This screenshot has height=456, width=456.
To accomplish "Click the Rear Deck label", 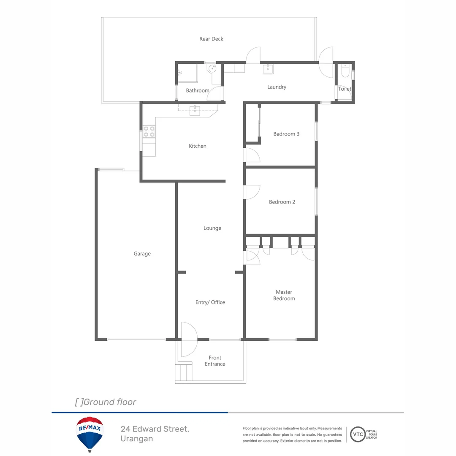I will click(211, 39).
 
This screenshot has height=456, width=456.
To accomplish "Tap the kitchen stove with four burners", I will click(149, 132).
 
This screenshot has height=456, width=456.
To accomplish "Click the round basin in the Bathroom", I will click(211, 69).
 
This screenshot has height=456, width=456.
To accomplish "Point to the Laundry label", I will click(277, 87).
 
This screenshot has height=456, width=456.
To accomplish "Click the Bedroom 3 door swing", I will click(252, 155).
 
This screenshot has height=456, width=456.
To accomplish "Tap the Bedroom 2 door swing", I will click(252, 192).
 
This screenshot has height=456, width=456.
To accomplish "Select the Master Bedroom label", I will click(284, 295).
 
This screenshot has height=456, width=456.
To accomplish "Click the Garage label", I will click(142, 254).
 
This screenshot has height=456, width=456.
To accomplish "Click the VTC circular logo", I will click(358, 434).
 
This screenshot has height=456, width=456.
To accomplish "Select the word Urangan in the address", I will click(136, 439).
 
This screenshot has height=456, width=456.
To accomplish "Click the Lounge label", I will click(212, 228).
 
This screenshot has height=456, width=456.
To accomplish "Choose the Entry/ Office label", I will click(210, 302).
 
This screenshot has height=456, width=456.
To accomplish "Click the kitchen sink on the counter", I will click(195, 111).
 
